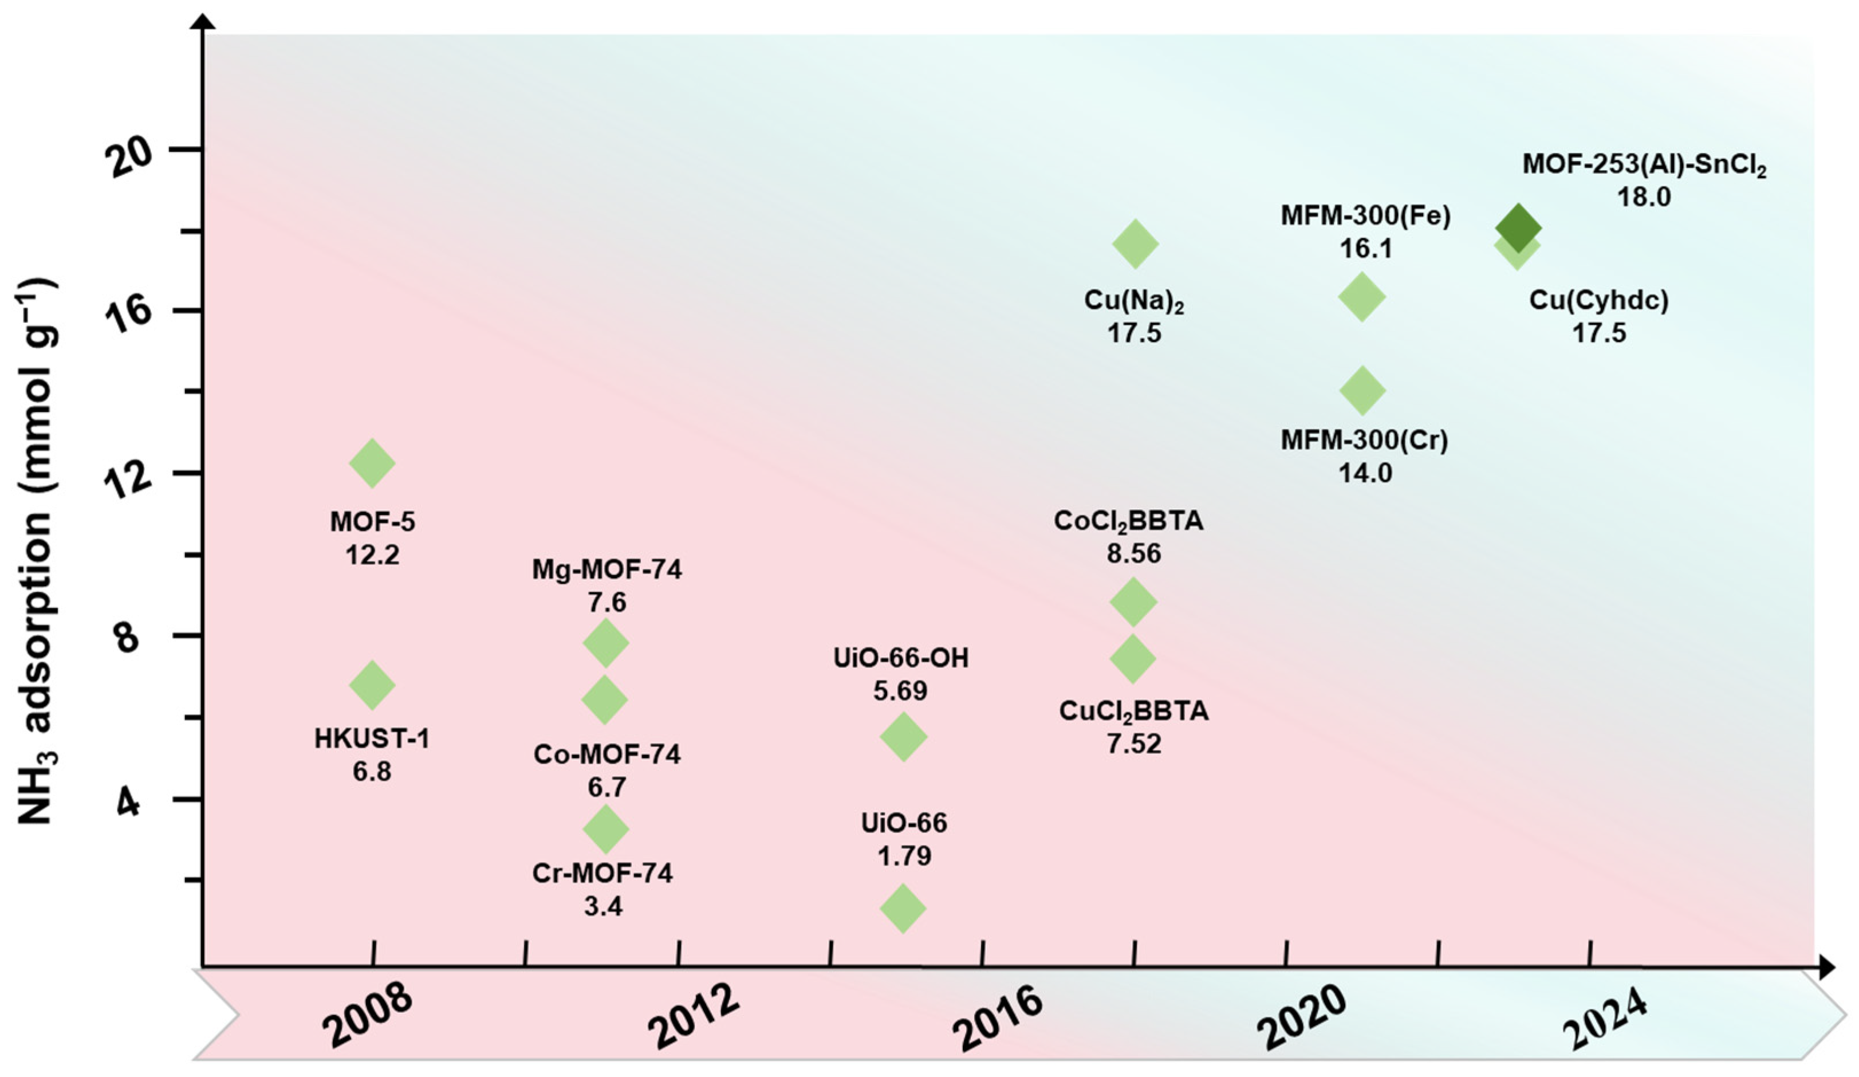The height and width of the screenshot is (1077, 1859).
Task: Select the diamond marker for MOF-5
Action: [x=372, y=463]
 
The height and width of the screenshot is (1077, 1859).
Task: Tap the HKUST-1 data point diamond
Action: [x=372, y=685]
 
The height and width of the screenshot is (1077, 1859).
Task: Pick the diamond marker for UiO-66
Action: [x=903, y=908]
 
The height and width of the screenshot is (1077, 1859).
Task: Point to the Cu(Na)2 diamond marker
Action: [x=1135, y=243]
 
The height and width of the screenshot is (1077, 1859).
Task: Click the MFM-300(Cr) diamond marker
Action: [x=1362, y=390]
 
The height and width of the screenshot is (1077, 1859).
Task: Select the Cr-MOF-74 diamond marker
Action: [x=606, y=829]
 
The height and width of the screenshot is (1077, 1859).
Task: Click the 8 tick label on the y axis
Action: [x=128, y=636]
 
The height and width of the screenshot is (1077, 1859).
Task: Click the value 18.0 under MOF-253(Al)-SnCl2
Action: [x=1644, y=197]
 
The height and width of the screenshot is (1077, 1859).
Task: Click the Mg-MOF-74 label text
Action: [x=606, y=569]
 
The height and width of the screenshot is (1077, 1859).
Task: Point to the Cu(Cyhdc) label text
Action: [x=1598, y=300]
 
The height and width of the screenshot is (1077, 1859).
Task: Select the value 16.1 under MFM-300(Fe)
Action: [x=1365, y=249]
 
